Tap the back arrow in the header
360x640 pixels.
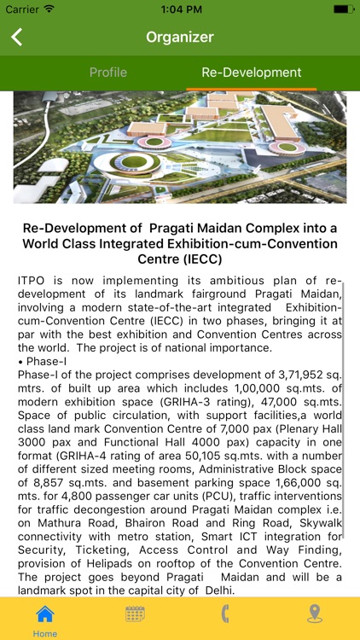[16, 37]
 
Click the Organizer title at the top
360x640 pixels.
[179, 37]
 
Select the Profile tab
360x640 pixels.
[107, 73]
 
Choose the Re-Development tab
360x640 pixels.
[251, 73]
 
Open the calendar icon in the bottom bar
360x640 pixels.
[135, 614]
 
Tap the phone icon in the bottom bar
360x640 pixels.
[225, 614]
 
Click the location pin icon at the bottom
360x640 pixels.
[315, 614]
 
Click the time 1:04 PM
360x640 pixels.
[179, 9]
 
